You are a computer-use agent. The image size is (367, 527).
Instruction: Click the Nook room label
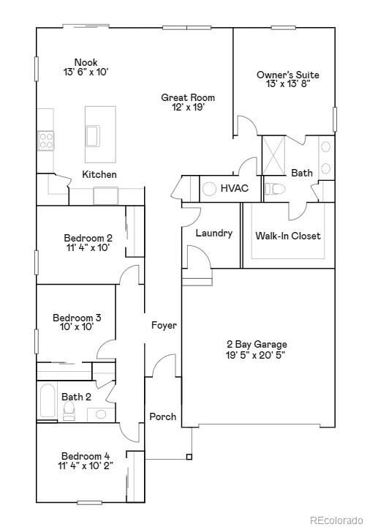[x=86, y=62]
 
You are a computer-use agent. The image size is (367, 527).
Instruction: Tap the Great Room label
[x=188, y=97]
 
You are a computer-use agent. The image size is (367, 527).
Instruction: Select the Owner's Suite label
[x=287, y=75]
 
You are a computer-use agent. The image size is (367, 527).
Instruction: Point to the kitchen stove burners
[x=46, y=140]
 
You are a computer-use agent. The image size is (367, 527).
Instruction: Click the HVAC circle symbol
[x=209, y=188]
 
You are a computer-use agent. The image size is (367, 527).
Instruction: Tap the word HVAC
[x=235, y=188]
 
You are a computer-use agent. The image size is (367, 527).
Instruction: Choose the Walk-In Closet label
[x=287, y=236]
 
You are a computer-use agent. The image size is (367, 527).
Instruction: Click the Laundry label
[x=214, y=233]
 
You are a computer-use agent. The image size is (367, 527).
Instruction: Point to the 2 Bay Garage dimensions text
[x=256, y=354]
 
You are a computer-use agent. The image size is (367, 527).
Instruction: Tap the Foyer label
[x=164, y=325]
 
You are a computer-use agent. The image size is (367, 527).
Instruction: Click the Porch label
[x=162, y=416]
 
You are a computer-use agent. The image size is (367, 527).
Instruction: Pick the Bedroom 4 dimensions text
[x=86, y=466]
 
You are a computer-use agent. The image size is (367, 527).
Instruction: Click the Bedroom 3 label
[x=77, y=318]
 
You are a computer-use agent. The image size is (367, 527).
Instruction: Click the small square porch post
[x=189, y=458]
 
